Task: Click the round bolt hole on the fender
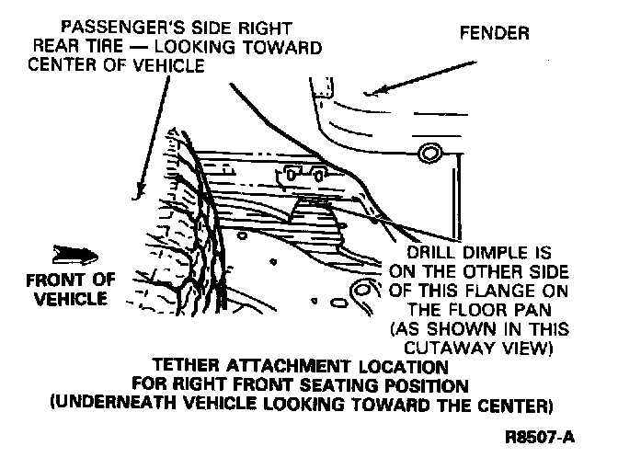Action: (427, 153)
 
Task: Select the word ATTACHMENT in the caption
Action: (269, 365)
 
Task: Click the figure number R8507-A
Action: (540, 438)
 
